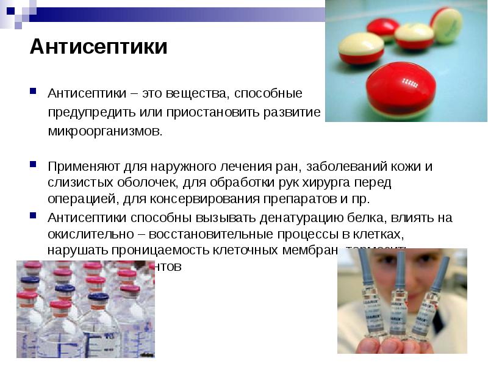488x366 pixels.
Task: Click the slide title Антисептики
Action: point(98,47)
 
